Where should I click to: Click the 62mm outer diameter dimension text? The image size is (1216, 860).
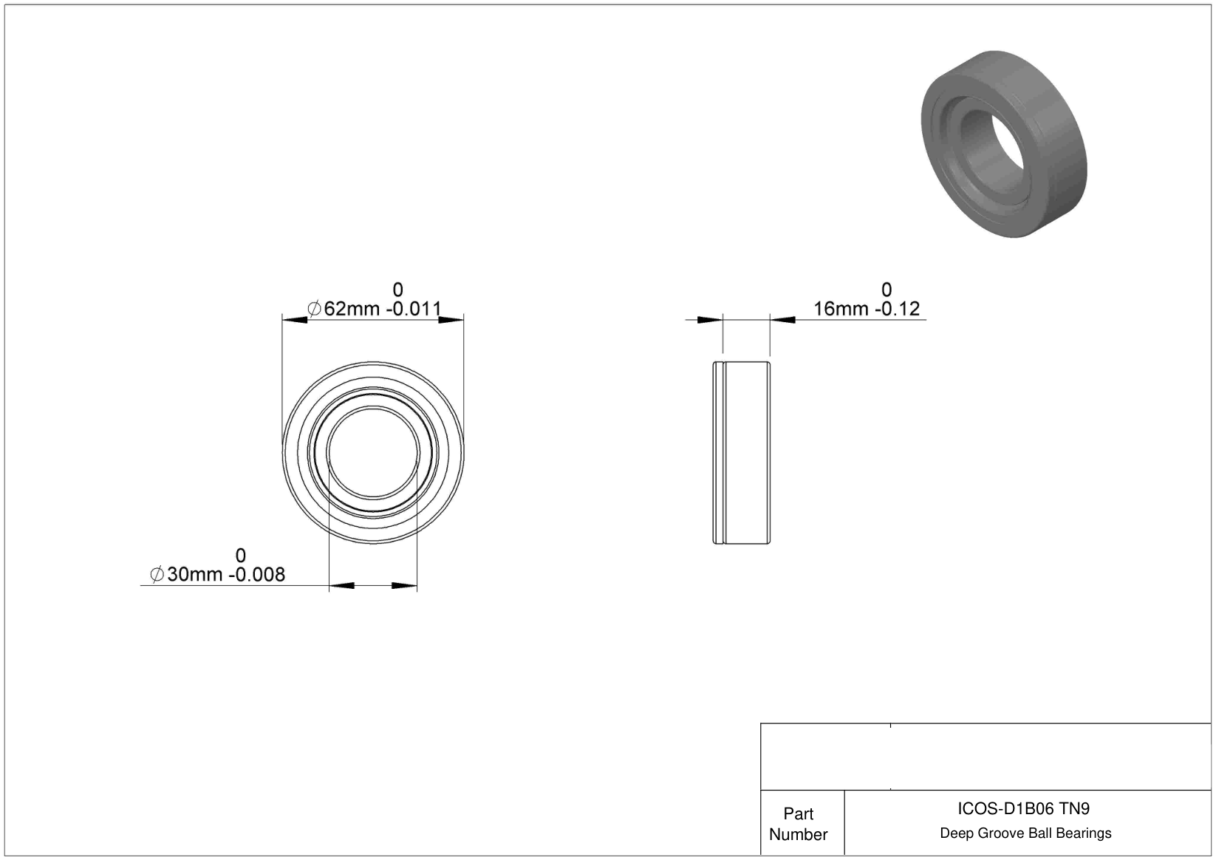(374, 309)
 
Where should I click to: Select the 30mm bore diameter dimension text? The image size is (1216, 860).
(217, 574)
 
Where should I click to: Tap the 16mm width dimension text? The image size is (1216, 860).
(867, 309)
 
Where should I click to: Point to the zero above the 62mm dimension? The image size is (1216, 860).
(398, 290)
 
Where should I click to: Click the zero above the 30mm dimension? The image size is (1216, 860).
(241, 556)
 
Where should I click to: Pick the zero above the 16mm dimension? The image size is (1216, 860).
(887, 290)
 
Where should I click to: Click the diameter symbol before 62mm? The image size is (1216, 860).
(314, 309)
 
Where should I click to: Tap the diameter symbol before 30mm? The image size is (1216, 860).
(157, 574)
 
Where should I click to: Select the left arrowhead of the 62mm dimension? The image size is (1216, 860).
(295, 320)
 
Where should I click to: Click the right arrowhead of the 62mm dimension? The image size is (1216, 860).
(451, 320)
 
